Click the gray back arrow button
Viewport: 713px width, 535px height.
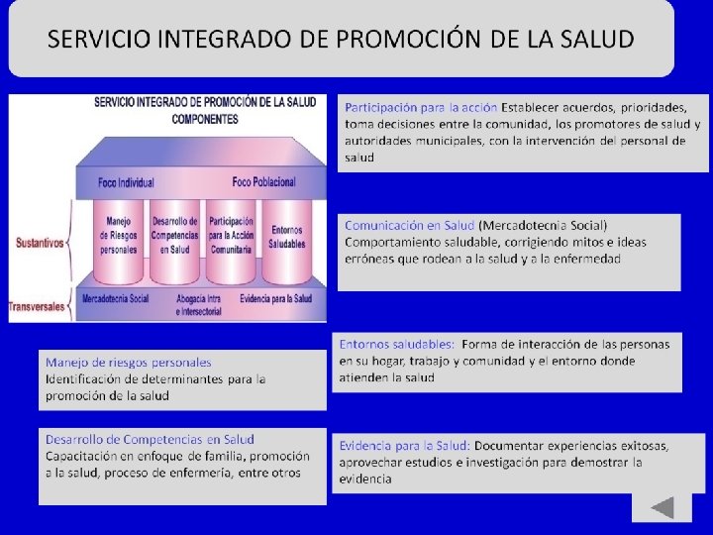662,507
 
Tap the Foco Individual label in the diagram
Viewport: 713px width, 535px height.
126,183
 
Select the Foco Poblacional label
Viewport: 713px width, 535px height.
263,182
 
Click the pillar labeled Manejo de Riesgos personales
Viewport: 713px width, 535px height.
118,242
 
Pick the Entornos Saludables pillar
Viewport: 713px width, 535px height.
287,242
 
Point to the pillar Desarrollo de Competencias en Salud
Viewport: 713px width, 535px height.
174,242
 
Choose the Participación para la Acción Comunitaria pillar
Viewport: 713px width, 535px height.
231,242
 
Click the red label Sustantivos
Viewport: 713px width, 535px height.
40,243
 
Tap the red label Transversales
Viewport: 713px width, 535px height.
37,306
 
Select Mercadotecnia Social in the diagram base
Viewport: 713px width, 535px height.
116,299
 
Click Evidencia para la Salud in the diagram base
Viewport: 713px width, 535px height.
276,299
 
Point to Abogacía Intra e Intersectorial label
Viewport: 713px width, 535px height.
199,305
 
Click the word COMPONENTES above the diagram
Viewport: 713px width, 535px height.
205,119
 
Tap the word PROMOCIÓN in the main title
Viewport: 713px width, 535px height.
408,39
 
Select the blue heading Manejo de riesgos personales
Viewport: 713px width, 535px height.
128,363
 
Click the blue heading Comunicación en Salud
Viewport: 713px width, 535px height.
409,225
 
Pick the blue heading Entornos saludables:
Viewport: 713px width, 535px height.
396,344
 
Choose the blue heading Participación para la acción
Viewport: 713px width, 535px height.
421,108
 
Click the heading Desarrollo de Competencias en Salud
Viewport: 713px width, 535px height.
150,440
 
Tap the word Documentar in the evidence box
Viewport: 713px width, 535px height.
506,446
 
